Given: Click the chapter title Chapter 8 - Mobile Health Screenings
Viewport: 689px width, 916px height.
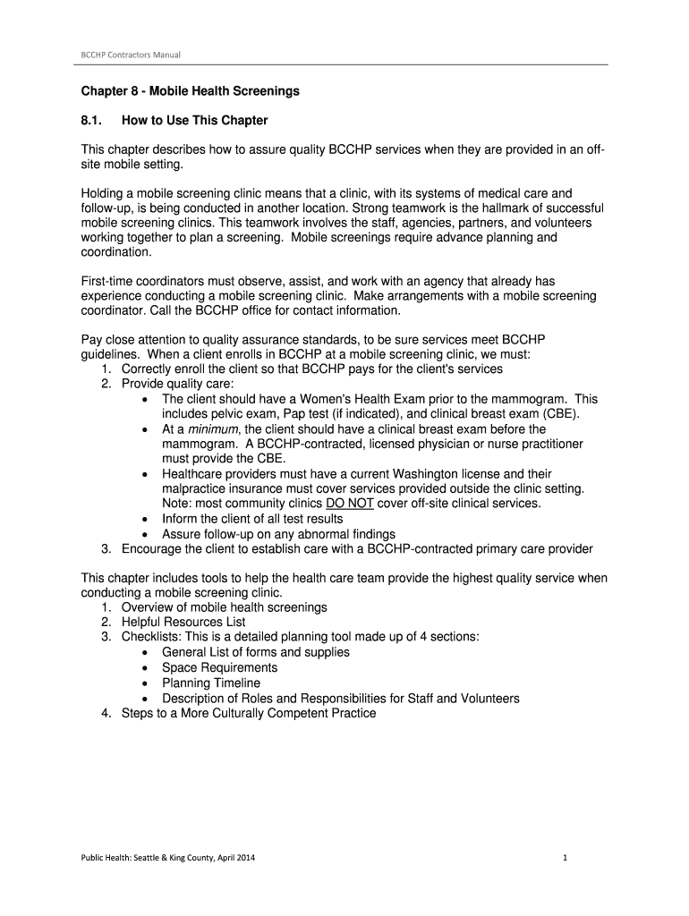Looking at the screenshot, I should [191, 91].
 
